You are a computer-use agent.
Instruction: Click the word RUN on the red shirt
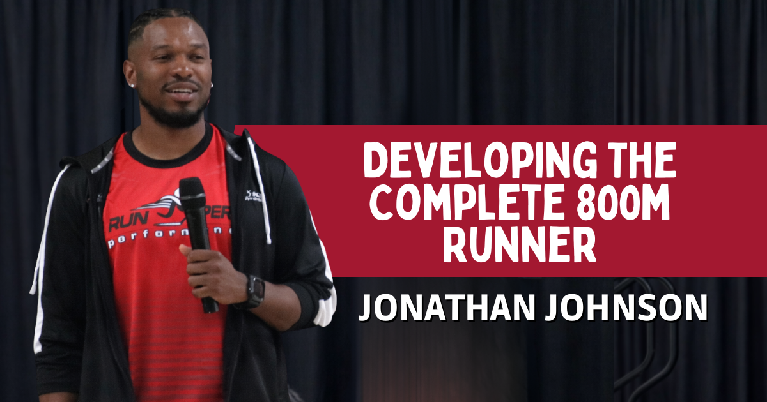pos(125,223)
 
